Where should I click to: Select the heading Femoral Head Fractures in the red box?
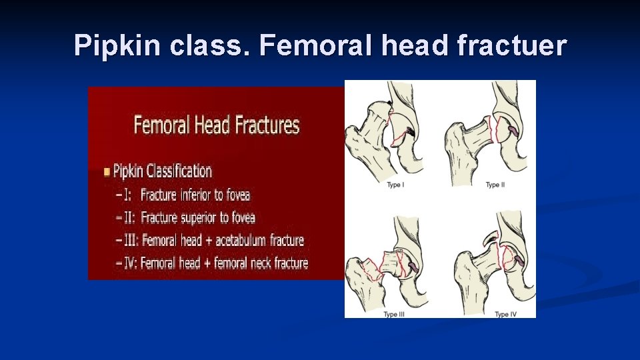coord(217,125)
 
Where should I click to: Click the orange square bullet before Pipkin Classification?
coord(107,172)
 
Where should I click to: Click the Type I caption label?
coord(395,185)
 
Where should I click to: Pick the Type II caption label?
coord(493,185)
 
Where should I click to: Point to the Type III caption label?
coord(395,314)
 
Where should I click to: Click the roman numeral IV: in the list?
coord(131,263)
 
